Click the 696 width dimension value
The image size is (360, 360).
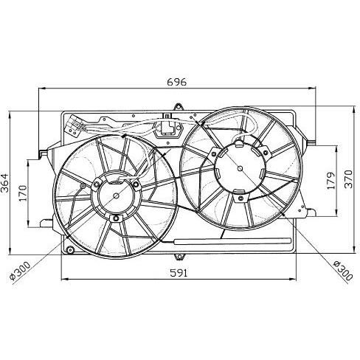point(177,82)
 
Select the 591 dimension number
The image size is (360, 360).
point(179,273)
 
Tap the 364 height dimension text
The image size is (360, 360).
point(4,183)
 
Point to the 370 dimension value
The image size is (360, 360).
point(348,179)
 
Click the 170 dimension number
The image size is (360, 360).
point(23,193)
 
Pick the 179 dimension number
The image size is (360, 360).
point(331,181)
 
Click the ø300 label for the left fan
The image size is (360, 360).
point(20,271)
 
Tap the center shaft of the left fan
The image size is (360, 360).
point(116,196)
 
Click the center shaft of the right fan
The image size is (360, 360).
point(240,168)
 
